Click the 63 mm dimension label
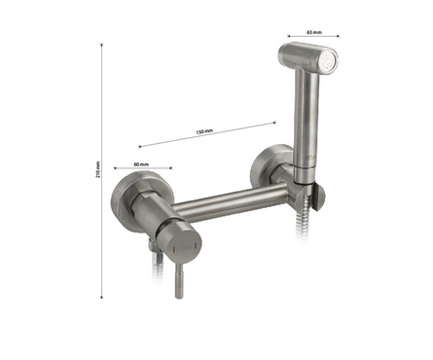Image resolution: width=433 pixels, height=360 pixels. (313, 32)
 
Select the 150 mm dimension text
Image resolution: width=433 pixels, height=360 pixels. (204, 131)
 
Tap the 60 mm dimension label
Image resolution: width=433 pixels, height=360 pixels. (141, 164)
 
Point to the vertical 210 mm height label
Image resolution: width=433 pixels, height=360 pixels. (98, 169)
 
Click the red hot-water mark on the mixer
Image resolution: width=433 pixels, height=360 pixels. (174, 250)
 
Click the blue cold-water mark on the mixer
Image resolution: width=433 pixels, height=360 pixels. (195, 246)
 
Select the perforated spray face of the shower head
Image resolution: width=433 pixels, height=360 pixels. (328, 61)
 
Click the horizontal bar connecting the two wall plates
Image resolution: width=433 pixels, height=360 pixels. (230, 202)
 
